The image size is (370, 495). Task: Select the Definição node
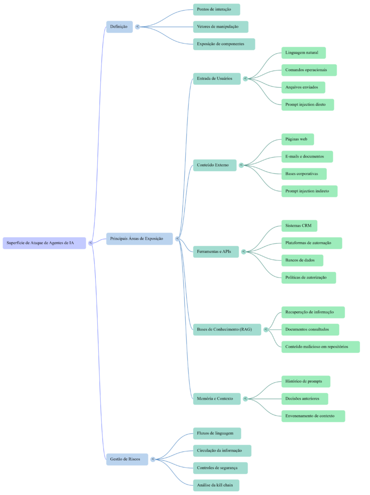pos(119,27)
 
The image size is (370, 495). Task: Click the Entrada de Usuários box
pos(217,78)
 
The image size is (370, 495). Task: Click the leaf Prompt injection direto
pos(308,104)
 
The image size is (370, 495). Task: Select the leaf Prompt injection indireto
pos(309,191)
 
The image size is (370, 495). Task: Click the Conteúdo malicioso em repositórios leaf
pos(320,347)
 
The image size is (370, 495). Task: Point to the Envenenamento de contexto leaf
pos(313,416)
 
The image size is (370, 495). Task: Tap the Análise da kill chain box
pos(216,485)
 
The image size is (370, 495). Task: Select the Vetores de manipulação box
pos(221,27)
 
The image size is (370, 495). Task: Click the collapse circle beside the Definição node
pos(137,27)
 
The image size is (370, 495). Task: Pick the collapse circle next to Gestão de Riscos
pos(153,459)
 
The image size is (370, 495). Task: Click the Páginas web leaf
pos(297,139)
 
